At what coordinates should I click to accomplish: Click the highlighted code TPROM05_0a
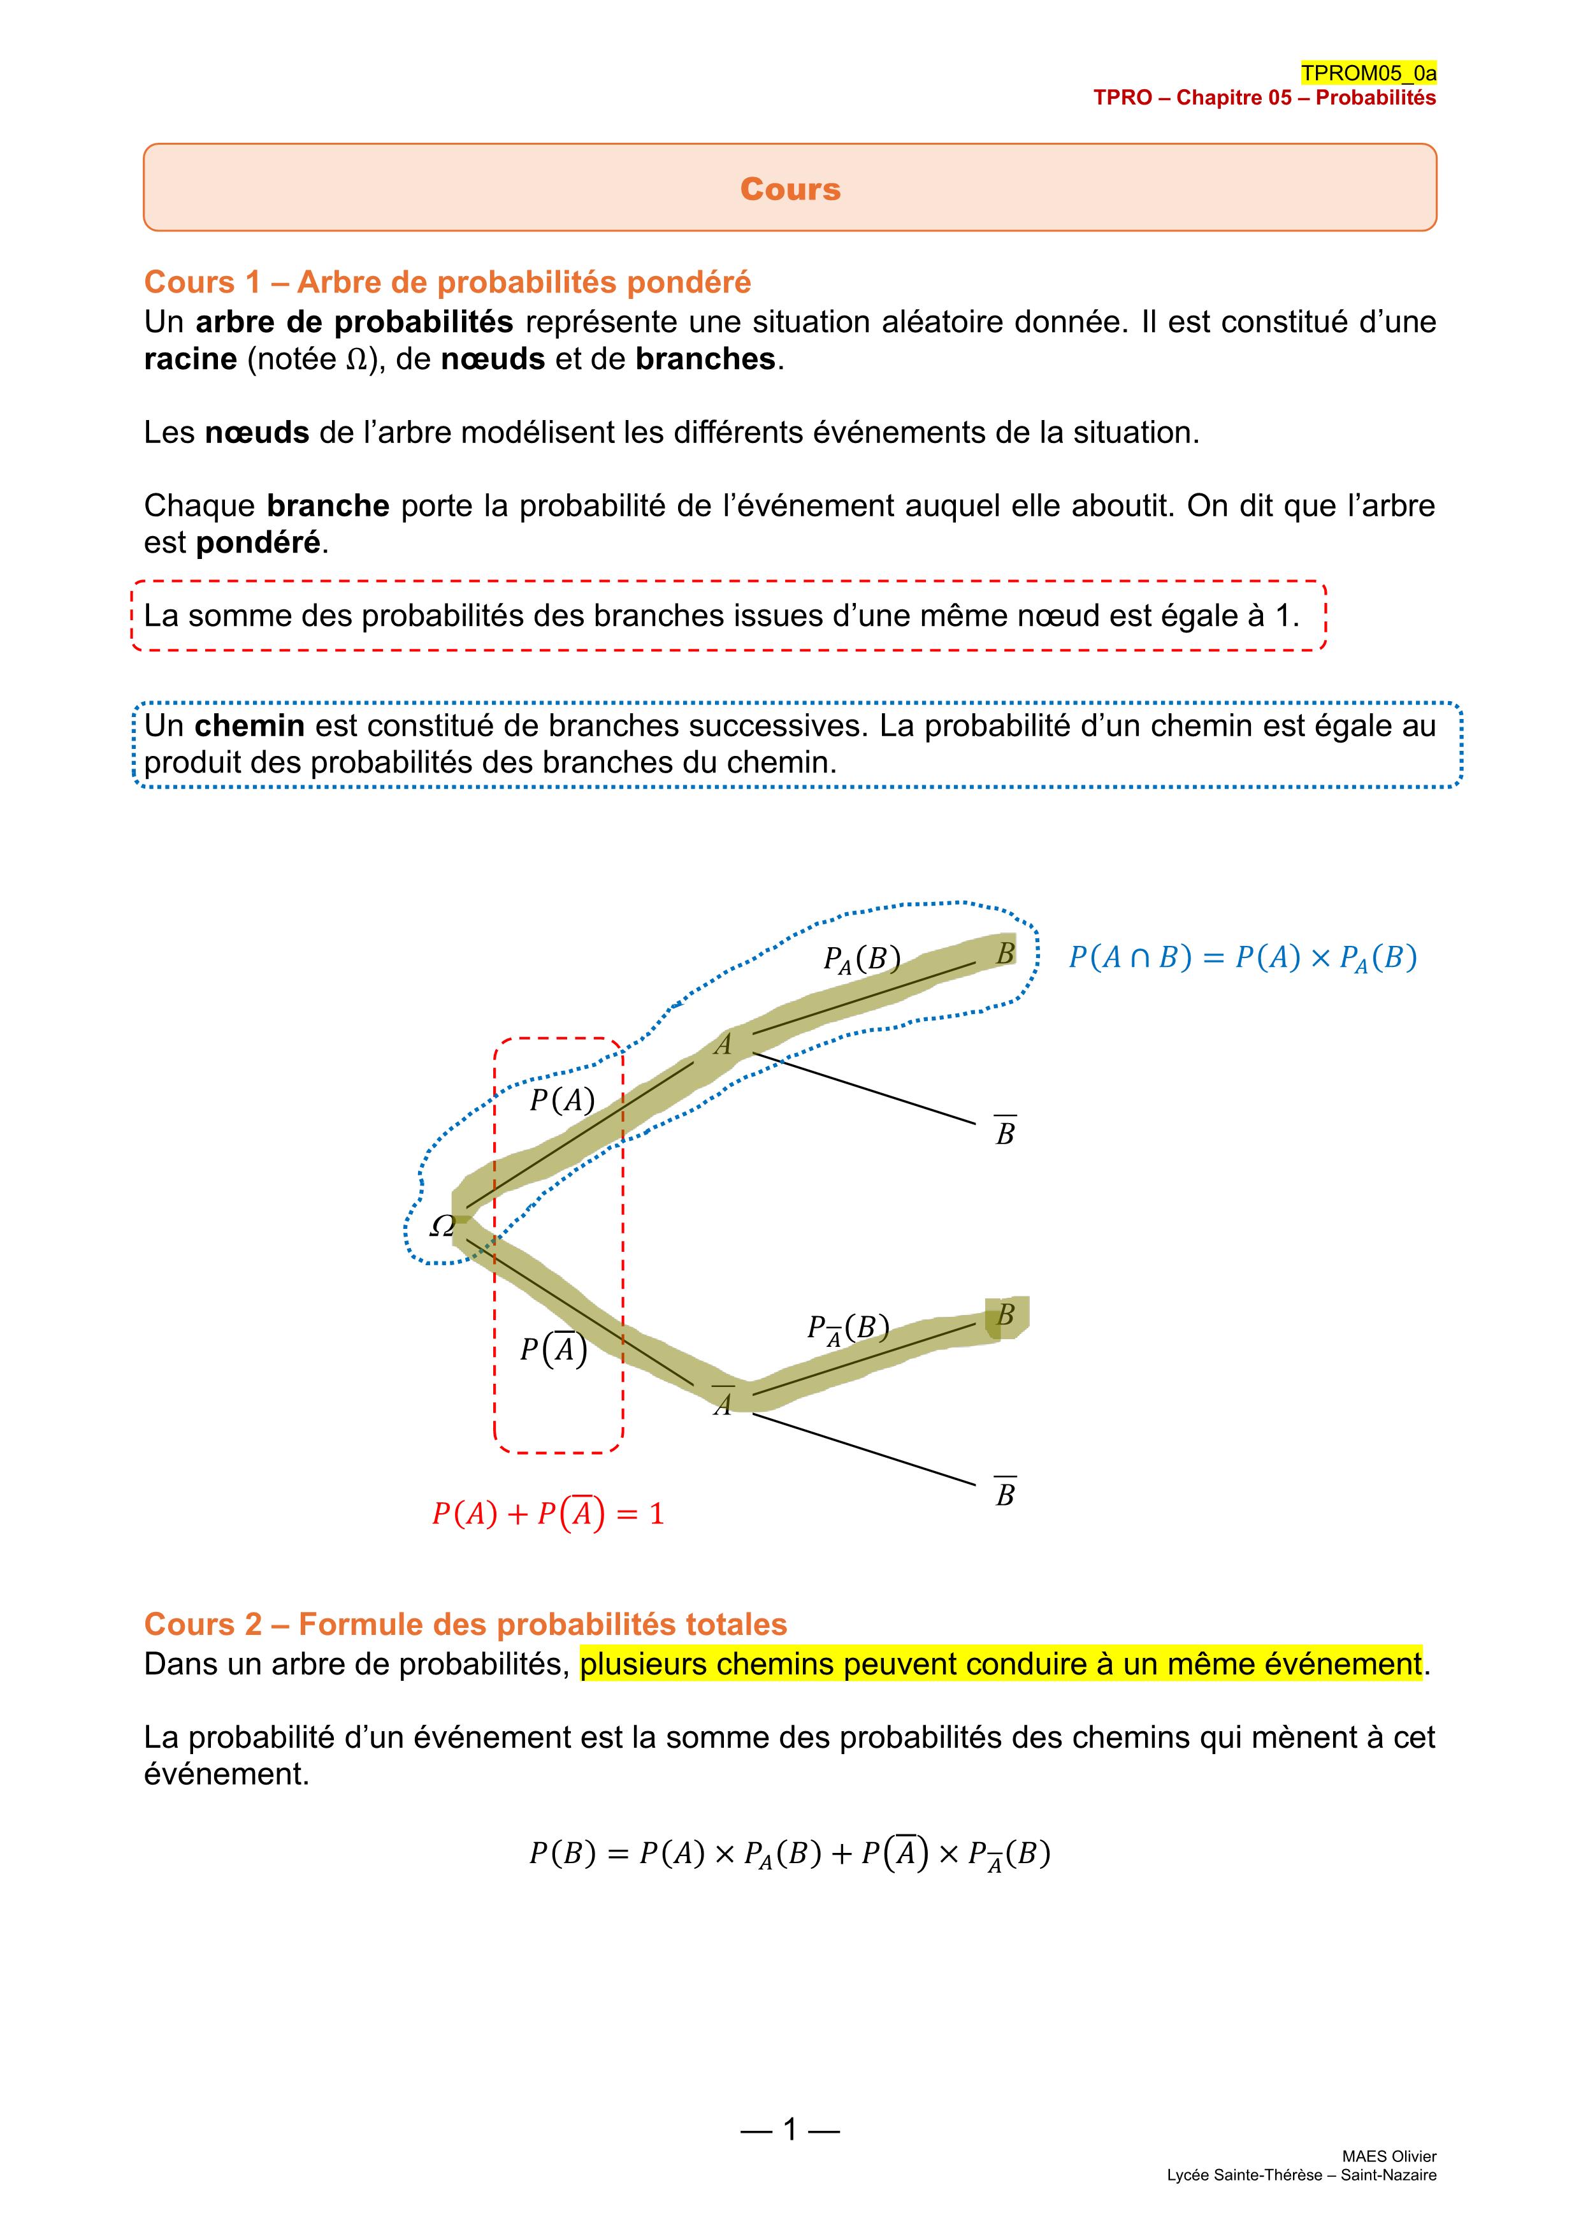click(1368, 73)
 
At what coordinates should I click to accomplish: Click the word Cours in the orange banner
click(790, 189)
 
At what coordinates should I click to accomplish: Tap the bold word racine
click(190, 359)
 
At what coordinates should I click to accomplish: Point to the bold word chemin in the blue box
click(249, 725)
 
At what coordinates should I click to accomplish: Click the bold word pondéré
click(258, 542)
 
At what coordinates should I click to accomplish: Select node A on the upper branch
click(723, 1045)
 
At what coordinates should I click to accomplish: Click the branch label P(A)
click(561, 1100)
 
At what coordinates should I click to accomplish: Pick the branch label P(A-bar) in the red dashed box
click(553, 1349)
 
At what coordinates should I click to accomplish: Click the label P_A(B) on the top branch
click(860, 959)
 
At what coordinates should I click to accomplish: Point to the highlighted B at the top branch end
click(1006, 952)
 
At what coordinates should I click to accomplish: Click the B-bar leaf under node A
click(1005, 1133)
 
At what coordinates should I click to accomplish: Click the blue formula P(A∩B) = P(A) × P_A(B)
click(1242, 958)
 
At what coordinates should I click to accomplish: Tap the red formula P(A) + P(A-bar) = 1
click(548, 1513)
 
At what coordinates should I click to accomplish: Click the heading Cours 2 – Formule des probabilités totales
click(465, 1624)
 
